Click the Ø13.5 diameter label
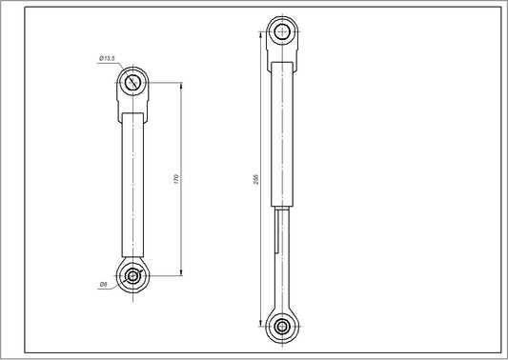pos(106,60)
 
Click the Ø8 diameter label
pos(102,284)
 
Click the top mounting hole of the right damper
pos(283,32)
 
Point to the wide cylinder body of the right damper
pos(283,133)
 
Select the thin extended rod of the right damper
pos(283,257)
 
